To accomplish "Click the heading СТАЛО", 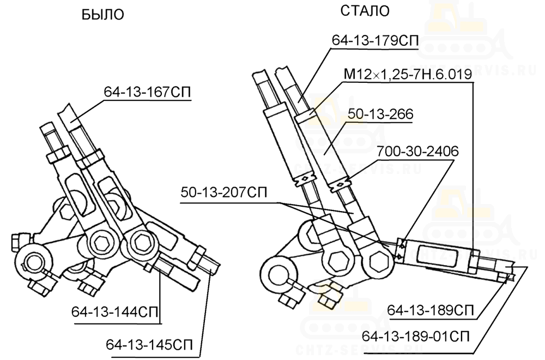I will click(365, 11).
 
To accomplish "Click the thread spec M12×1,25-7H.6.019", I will click(408, 74).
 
